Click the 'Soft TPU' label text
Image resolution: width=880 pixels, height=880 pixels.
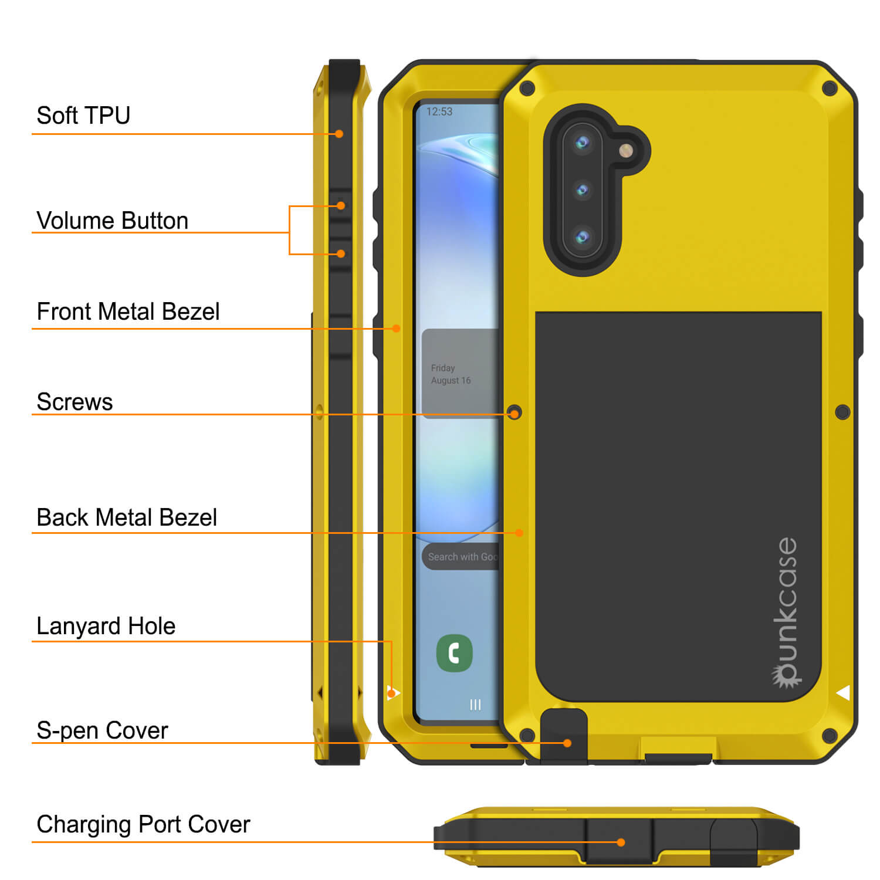(83, 116)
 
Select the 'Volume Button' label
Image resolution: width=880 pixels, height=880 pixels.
(112, 221)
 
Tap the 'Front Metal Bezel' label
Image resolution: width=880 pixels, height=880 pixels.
(128, 312)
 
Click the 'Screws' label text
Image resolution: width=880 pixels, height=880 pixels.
(75, 402)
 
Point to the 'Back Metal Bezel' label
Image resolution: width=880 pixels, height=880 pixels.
(127, 517)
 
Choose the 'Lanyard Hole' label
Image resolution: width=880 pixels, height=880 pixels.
(106, 626)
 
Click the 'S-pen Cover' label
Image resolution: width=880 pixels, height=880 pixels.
(102, 730)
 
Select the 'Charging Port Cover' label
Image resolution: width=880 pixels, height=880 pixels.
(143, 824)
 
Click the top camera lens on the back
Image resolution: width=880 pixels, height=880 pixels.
(582, 142)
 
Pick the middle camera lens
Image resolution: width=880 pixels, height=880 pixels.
(582, 190)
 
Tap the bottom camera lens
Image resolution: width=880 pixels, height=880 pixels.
(582, 237)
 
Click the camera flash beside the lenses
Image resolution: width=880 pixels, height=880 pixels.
(627, 150)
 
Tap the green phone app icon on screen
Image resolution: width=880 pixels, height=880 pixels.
(455, 653)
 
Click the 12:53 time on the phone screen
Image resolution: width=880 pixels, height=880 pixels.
(439, 111)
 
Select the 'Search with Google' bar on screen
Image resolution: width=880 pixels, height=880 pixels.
(460, 557)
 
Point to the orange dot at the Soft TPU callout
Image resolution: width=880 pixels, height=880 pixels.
(339, 134)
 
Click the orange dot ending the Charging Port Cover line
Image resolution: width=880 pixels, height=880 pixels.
(621, 842)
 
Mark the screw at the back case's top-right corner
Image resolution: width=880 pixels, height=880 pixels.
(830, 89)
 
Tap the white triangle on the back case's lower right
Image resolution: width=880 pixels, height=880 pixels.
(843, 693)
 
